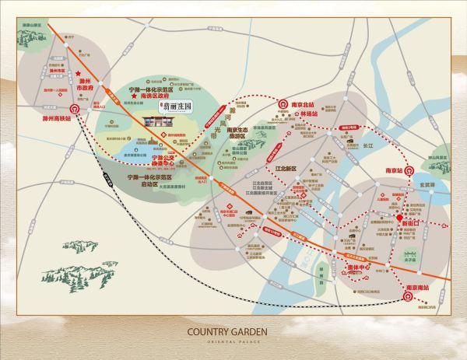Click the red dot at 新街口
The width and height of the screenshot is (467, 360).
pyautogui.click(x=401, y=216)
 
